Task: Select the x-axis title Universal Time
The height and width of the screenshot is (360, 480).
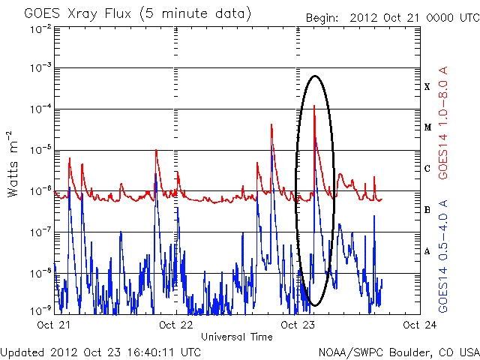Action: [x=237, y=337]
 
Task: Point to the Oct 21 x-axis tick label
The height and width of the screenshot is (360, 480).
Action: [x=54, y=325]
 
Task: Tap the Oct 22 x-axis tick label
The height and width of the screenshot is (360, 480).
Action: [x=176, y=325]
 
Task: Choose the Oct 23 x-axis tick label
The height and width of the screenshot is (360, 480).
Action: [x=298, y=325]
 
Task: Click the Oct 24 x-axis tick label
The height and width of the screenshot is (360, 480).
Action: [x=418, y=325]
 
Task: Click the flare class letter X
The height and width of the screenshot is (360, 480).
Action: [x=427, y=87]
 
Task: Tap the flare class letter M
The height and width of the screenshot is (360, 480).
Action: [x=427, y=127]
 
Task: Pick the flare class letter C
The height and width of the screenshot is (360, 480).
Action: [x=427, y=169]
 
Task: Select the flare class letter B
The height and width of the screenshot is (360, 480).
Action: [x=427, y=210]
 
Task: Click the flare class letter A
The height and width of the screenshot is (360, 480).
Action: [x=427, y=251]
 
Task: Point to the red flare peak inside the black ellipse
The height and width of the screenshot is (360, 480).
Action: [x=313, y=106]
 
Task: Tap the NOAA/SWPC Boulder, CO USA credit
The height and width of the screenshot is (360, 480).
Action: [x=398, y=352]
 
